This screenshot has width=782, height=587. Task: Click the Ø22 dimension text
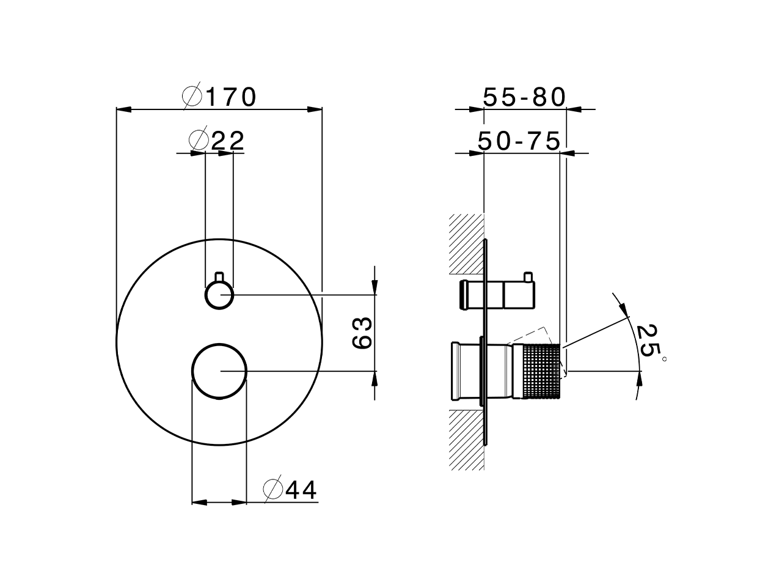(x=217, y=141)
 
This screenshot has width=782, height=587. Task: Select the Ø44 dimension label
(x=291, y=489)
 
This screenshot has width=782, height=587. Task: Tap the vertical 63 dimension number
(x=362, y=333)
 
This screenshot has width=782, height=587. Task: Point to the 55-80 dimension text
(x=525, y=97)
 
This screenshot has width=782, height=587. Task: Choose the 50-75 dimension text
(x=519, y=141)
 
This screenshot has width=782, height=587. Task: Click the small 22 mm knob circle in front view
(x=219, y=296)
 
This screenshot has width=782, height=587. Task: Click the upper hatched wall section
(x=466, y=244)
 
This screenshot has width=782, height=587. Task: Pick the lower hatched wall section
(x=466, y=439)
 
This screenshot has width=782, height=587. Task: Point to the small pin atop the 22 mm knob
(x=219, y=277)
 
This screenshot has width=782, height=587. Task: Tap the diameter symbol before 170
(x=192, y=97)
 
